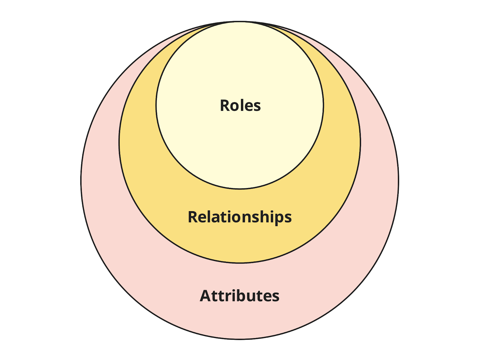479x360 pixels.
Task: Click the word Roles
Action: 240,105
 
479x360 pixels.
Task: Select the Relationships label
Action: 239,217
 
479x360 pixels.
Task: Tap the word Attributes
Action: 239,296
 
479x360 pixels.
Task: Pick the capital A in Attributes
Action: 205,296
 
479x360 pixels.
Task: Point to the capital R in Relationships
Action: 193,217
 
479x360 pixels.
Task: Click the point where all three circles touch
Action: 240,22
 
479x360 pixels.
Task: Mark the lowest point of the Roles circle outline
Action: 240,189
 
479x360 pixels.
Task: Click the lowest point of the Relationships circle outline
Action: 240,263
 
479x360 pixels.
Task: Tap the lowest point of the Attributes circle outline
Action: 240,339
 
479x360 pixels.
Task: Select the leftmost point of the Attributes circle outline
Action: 81,181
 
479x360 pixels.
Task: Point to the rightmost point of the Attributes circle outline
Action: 398,181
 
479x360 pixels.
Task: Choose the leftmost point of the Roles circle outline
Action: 156,105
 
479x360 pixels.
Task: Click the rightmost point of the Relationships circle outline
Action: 360,143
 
